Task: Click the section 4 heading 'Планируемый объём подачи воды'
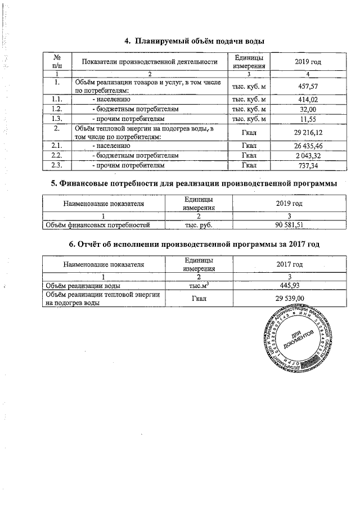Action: (194, 41)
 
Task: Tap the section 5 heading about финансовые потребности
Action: (193, 183)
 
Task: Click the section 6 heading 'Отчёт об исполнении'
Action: (194, 244)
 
